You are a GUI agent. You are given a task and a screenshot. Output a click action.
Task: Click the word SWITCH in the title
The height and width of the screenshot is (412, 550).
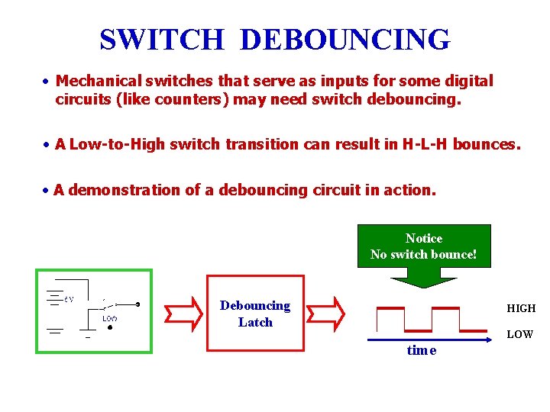162,40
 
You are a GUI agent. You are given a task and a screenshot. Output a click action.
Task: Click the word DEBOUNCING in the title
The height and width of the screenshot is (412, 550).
345,40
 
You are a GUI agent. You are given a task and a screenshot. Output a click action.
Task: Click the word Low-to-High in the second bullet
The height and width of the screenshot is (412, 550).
116,143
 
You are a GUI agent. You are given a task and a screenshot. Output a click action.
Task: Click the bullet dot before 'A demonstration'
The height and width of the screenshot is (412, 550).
47,190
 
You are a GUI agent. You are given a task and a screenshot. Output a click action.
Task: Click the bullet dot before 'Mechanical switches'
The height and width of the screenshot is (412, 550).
47,82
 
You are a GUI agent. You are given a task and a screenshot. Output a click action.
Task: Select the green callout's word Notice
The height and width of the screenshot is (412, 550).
424,238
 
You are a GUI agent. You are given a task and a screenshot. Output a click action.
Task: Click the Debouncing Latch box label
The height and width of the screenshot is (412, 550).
255,314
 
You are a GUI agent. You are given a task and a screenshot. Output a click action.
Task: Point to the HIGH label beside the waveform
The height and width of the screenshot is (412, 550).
521,308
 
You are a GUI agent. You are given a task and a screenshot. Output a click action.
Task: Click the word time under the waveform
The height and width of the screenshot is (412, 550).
422,350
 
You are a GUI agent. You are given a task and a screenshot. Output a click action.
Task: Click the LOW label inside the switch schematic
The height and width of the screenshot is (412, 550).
110,317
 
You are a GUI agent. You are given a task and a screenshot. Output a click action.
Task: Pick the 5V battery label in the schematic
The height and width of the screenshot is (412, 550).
69,299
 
